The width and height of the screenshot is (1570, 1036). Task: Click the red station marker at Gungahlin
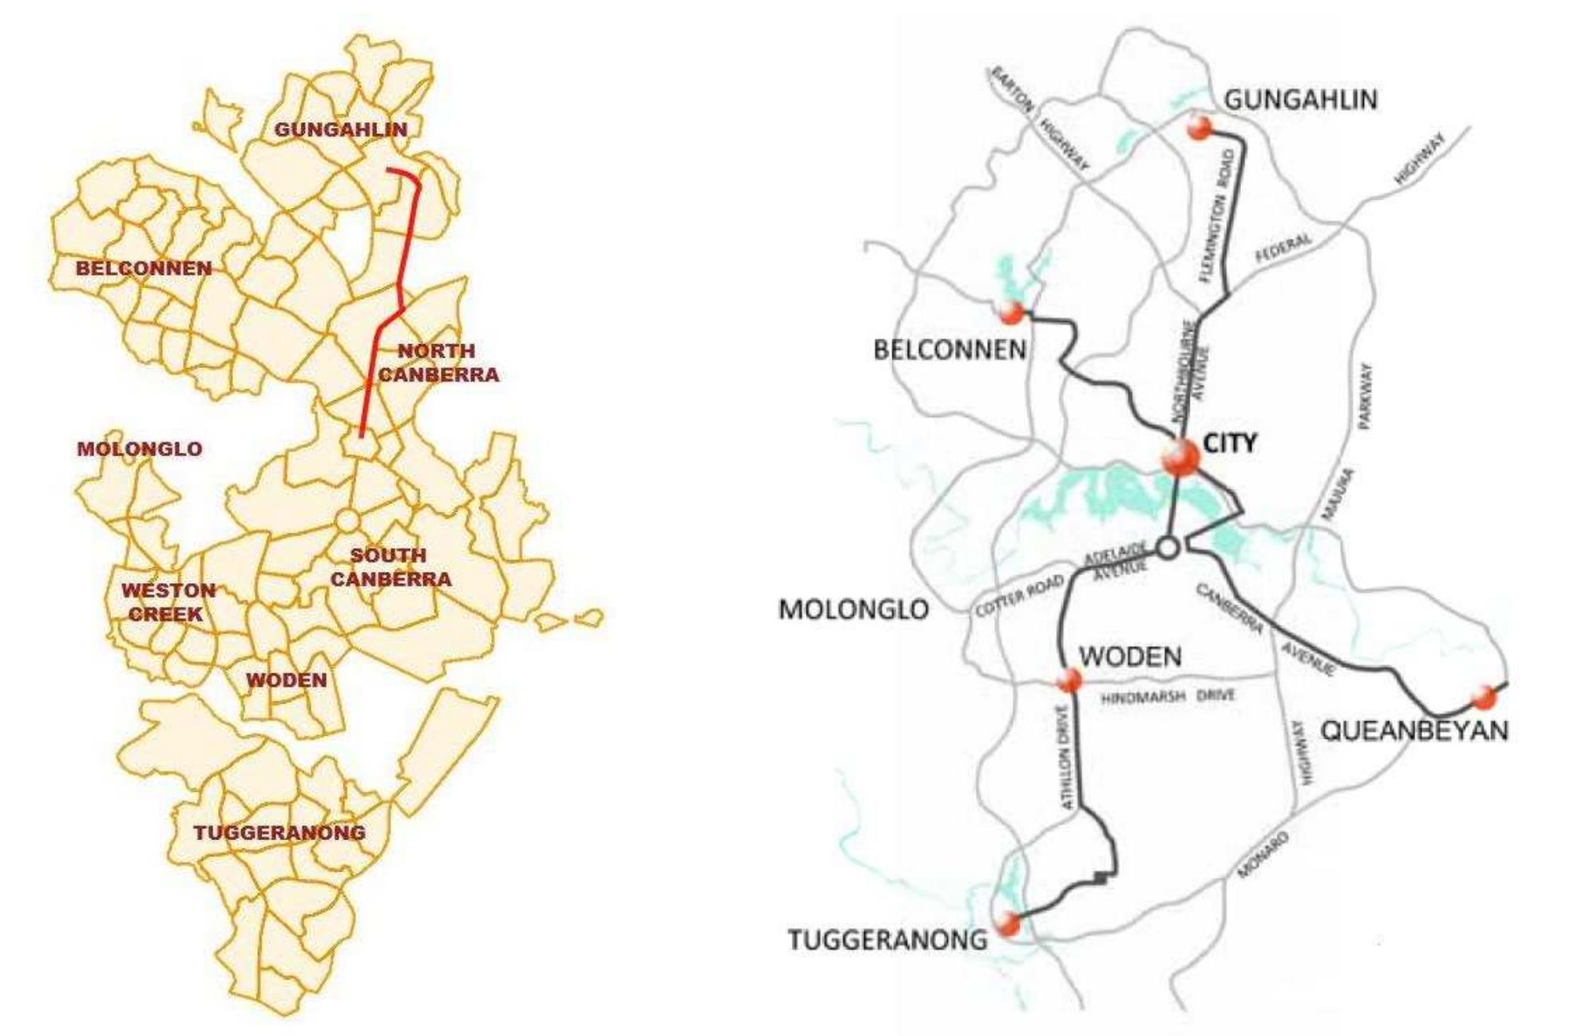(1199, 128)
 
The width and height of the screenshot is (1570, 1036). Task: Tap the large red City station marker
(1180, 458)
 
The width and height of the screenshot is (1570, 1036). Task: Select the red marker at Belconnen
(1011, 312)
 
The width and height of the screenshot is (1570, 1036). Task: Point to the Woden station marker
(1068, 681)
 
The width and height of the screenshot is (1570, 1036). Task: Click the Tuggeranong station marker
(1009, 924)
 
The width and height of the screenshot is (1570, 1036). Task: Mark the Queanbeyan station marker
(1484, 697)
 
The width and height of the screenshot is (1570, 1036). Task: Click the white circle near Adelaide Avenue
(1168, 548)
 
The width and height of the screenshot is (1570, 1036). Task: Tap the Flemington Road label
(1217, 216)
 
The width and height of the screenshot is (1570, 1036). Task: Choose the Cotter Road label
(1019, 596)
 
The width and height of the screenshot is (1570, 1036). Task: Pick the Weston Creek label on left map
(168, 602)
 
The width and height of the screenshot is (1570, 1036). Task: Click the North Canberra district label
(438, 362)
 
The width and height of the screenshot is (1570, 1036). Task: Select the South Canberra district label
(391, 567)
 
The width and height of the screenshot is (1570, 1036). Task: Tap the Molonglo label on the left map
(140, 449)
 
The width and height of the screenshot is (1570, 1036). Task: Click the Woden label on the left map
(286, 681)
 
